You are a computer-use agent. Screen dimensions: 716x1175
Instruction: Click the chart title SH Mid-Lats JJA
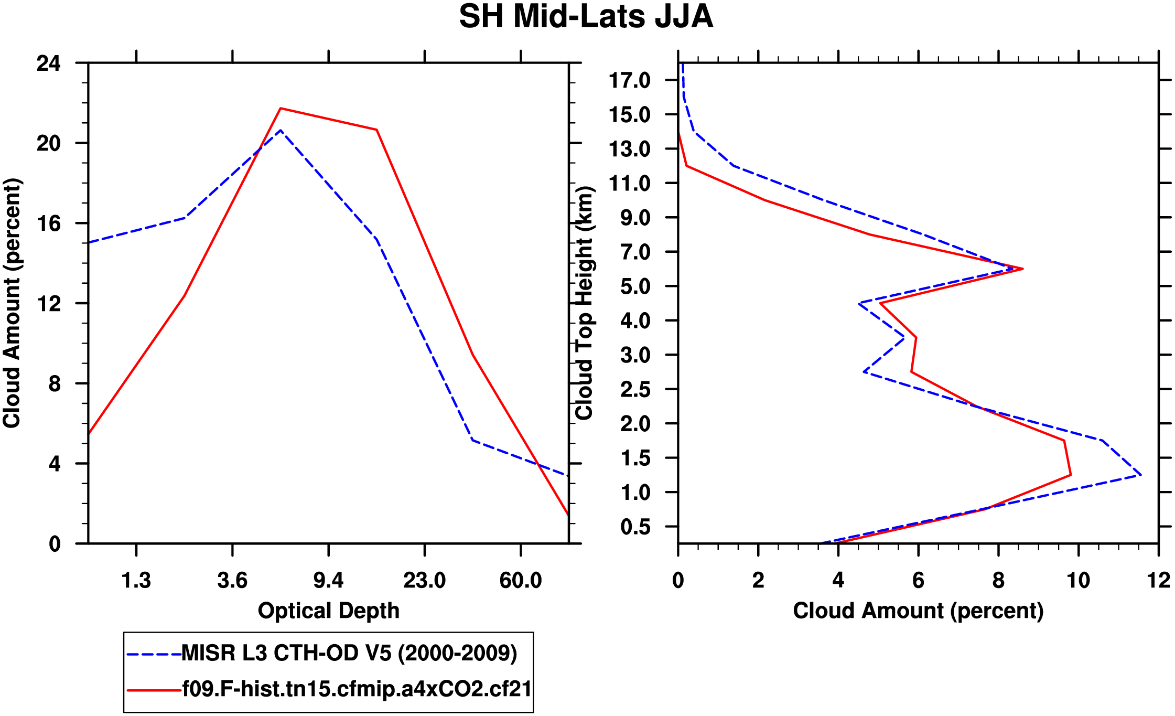pyautogui.click(x=586, y=17)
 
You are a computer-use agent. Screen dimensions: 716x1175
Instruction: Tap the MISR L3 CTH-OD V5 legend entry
pyautogui.click(x=349, y=654)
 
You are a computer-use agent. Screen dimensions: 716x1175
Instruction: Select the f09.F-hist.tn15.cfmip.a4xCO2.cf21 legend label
pyautogui.click(x=357, y=689)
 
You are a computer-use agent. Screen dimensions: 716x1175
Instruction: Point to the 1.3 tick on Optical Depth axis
pyautogui.click(x=136, y=581)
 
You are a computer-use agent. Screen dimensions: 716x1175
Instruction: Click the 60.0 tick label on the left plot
pyautogui.click(x=520, y=581)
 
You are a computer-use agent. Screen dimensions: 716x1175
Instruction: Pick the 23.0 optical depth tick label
pyautogui.click(x=424, y=581)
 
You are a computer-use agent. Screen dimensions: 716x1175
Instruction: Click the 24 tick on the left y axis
pyautogui.click(x=48, y=63)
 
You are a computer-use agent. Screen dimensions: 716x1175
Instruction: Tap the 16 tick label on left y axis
pyautogui.click(x=48, y=223)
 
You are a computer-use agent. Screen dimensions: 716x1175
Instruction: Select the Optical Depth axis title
pyautogui.click(x=329, y=611)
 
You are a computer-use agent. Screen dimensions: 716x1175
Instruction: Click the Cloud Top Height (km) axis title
pyautogui.click(x=584, y=303)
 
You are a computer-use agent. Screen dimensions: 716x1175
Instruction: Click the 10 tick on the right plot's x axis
pyautogui.click(x=1078, y=581)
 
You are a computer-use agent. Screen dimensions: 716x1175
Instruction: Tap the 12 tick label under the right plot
pyautogui.click(x=1158, y=581)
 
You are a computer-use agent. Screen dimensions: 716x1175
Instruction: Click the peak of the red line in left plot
pyautogui.click(x=281, y=109)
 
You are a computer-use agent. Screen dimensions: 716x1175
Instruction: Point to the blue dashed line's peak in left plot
pyautogui.click(x=281, y=130)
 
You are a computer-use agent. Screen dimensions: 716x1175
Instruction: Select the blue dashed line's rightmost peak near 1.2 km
pyautogui.click(x=1141, y=475)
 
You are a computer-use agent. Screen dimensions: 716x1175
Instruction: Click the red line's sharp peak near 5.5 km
pyautogui.click(x=1022, y=269)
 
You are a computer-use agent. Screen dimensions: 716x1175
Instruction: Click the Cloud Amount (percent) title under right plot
pyautogui.click(x=918, y=611)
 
